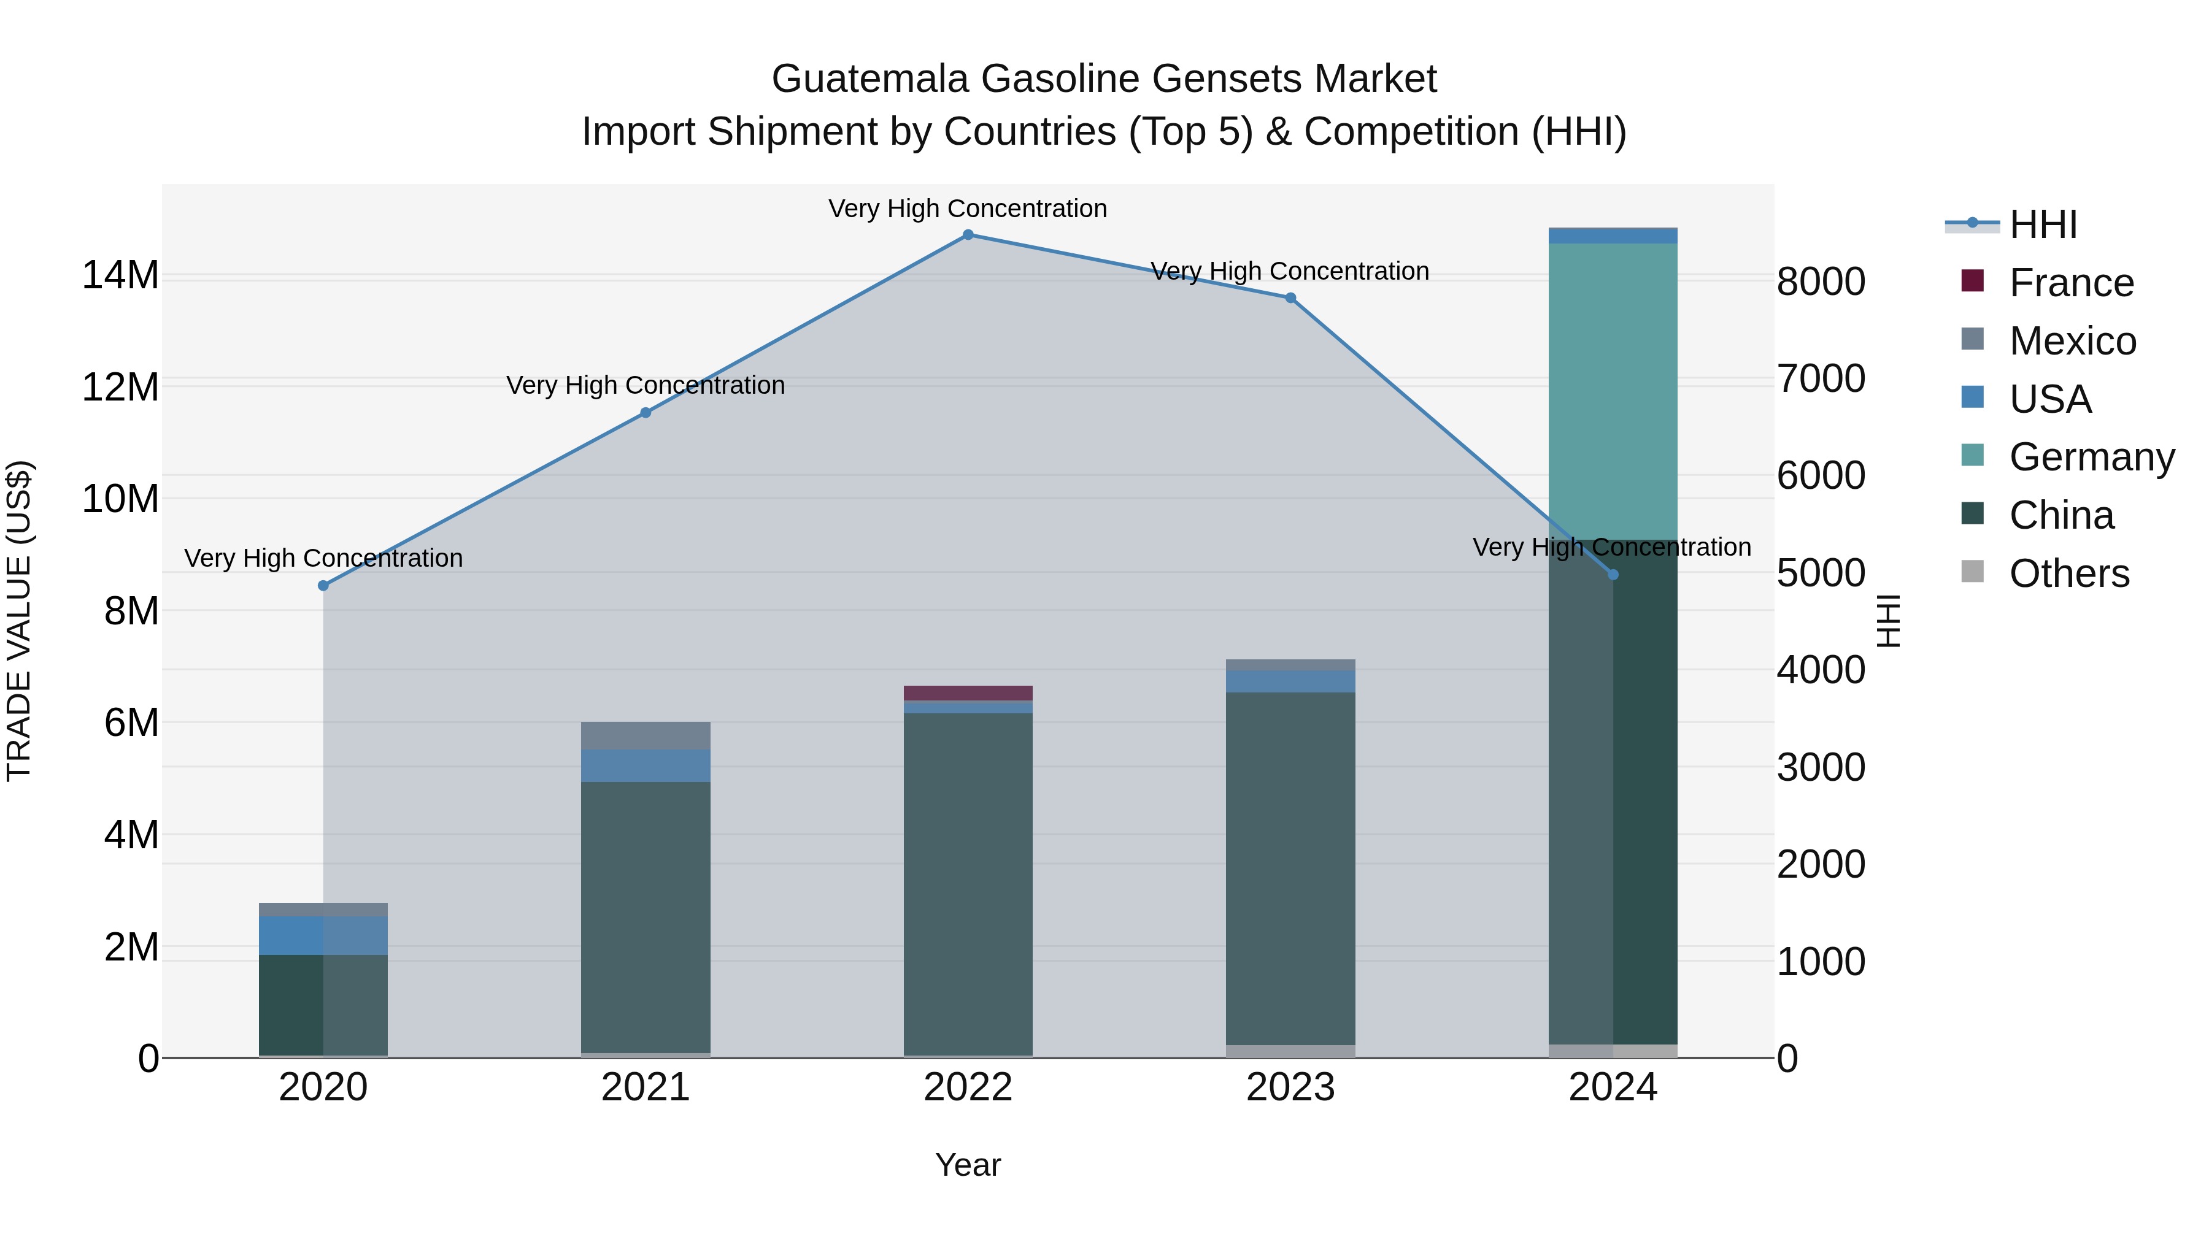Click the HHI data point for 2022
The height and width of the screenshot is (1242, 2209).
pyautogui.click(x=968, y=235)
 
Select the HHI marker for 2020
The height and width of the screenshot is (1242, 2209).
pyautogui.click(x=323, y=586)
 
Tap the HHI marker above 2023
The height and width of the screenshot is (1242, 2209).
pyautogui.click(x=1290, y=298)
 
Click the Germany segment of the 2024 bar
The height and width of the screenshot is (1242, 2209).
pyautogui.click(x=1613, y=391)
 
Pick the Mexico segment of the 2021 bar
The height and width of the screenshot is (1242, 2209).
pyautogui.click(x=646, y=735)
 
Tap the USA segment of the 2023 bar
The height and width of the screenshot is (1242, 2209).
pyautogui.click(x=1290, y=681)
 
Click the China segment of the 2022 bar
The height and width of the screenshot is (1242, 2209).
pyautogui.click(x=968, y=883)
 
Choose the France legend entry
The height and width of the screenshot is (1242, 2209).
pyautogui.click(x=2071, y=283)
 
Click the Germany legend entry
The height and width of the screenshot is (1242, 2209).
pyautogui.click(x=2092, y=457)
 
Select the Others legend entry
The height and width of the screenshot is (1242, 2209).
pyautogui.click(x=2068, y=573)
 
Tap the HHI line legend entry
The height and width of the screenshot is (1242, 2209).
pyautogui.click(x=2043, y=224)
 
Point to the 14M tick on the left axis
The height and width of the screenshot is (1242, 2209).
pyautogui.click(x=120, y=276)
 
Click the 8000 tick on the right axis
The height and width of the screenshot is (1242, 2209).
pyautogui.click(x=1821, y=282)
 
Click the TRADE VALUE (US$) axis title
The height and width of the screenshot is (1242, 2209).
pyautogui.click(x=19, y=621)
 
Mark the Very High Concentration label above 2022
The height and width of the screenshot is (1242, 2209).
pyautogui.click(x=968, y=209)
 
